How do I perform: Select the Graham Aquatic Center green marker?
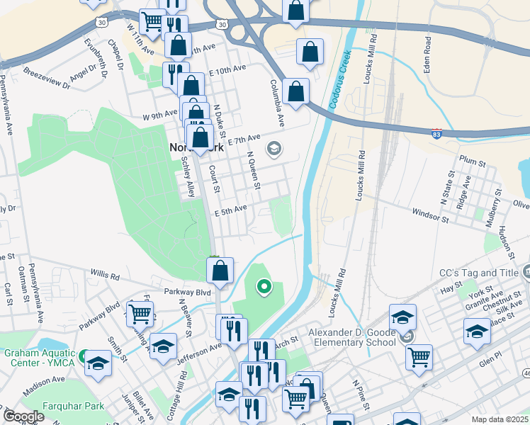coord(83,355)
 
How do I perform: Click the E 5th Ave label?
coord(230,209)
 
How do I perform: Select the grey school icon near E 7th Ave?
coord(273,148)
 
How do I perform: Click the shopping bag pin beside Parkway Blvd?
coord(220,271)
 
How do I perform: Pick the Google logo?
coord(24,416)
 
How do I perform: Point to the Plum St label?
coord(471,161)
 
